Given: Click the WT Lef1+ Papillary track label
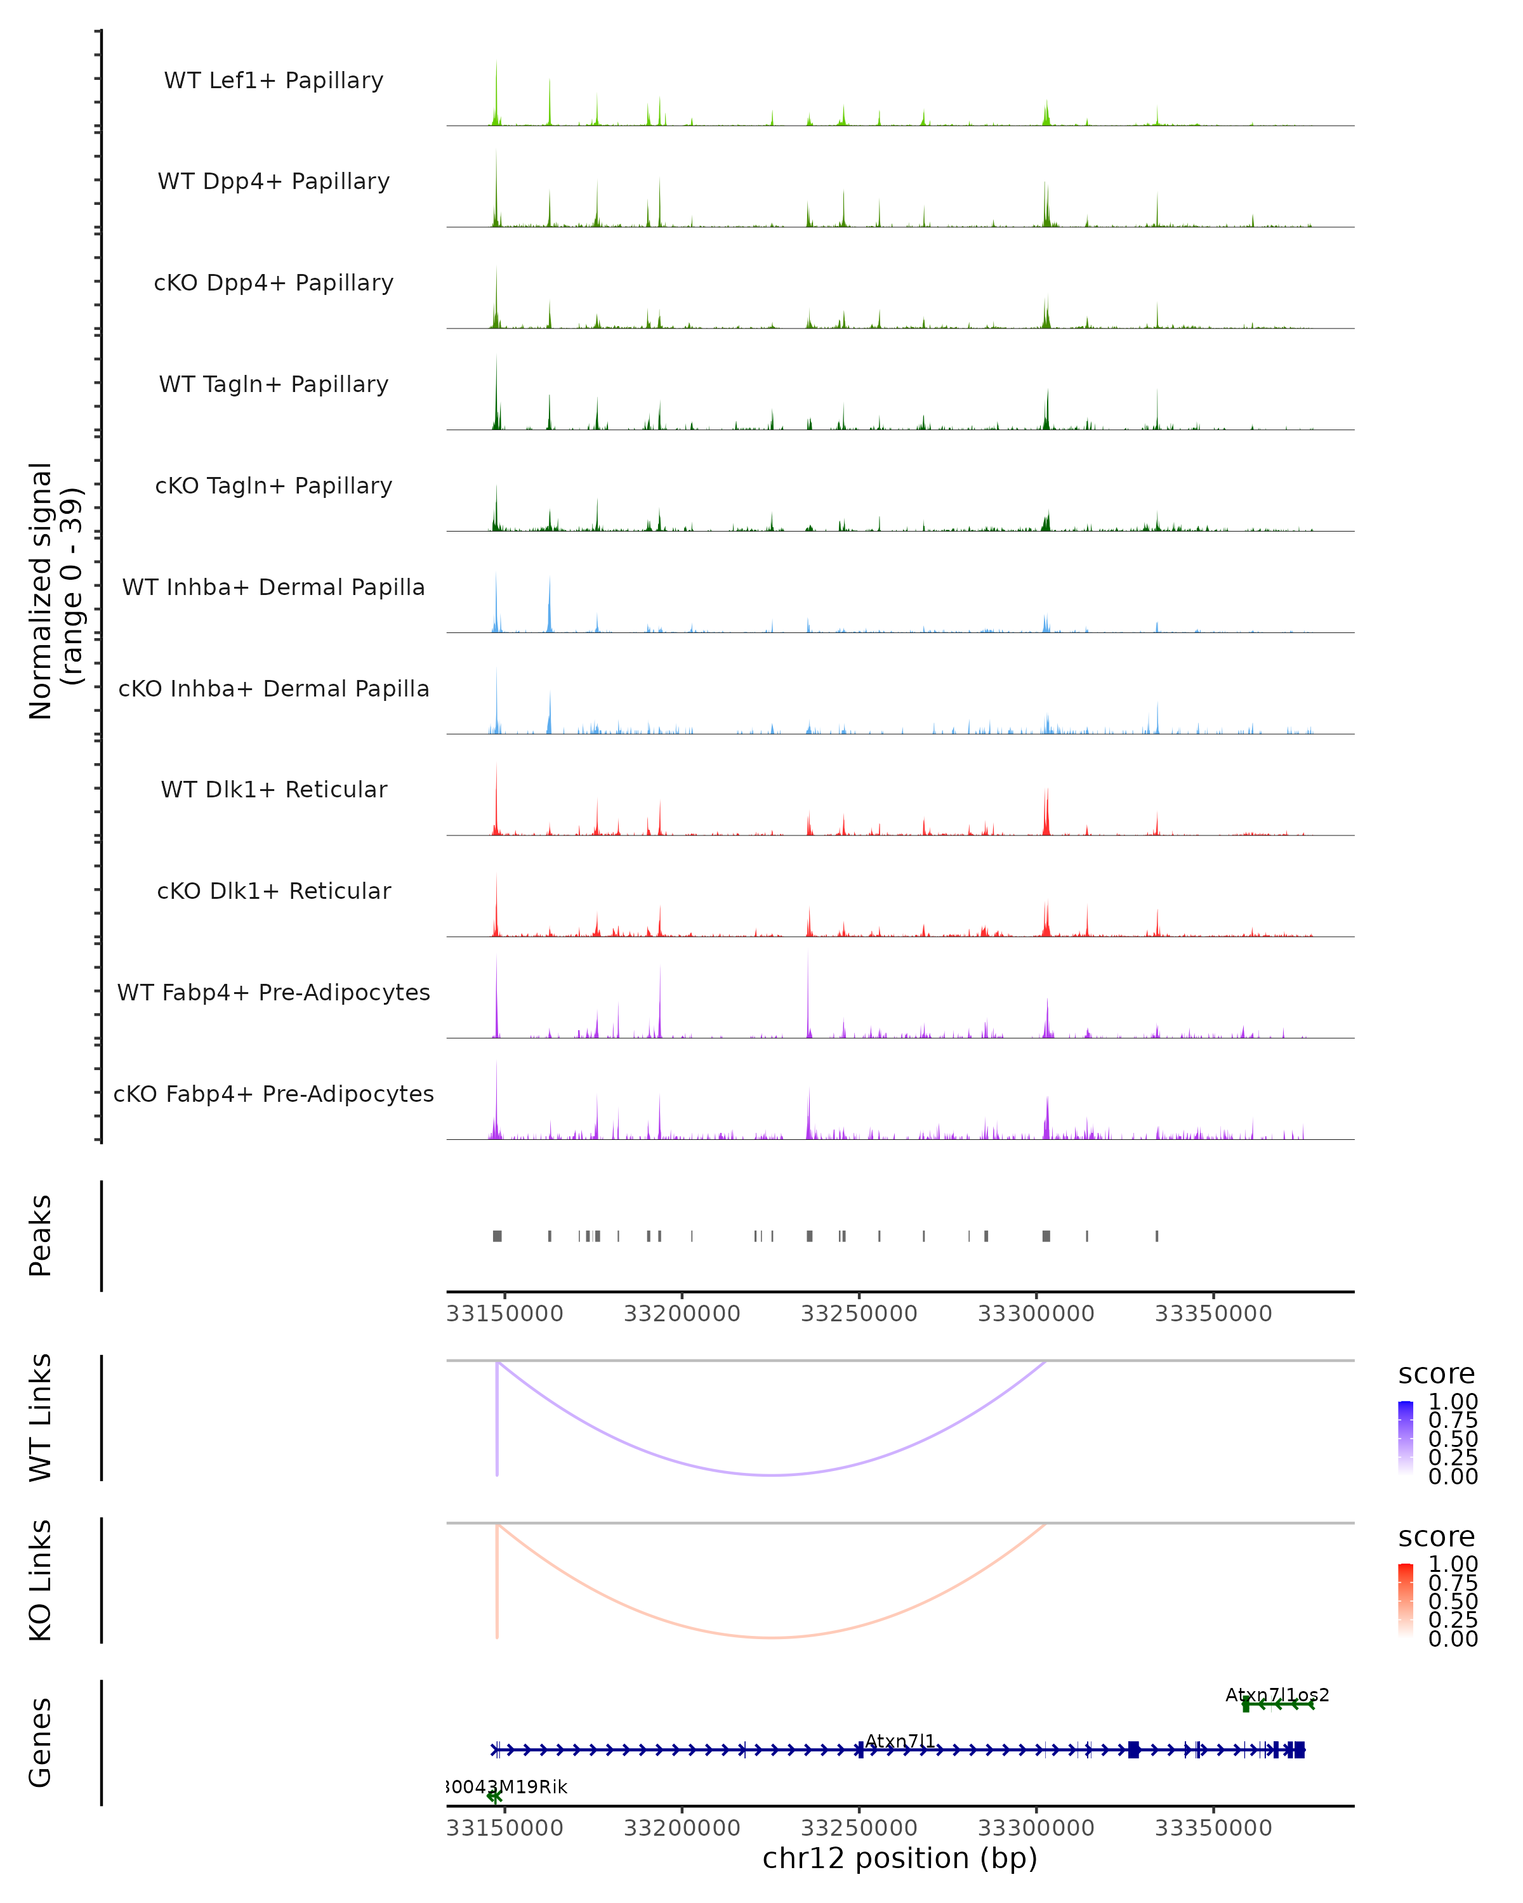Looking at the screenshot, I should tap(274, 81).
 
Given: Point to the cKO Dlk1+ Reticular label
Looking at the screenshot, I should tap(274, 891).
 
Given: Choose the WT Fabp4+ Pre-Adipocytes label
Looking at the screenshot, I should tap(274, 992).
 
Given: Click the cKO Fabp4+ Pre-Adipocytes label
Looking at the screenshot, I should tap(274, 1094).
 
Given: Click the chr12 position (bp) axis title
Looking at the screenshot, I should tap(900, 1858).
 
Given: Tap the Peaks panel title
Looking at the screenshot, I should tap(41, 1236).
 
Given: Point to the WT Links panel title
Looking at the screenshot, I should tap(41, 1418).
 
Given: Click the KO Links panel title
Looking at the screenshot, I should tap(41, 1580).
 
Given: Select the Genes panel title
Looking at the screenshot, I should tap(41, 1743).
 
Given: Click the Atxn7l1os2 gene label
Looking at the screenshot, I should tap(1277, 1695).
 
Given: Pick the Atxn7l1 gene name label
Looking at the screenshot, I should tap(900, 1741).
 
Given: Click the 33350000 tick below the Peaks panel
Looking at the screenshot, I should tap(1213, 1314).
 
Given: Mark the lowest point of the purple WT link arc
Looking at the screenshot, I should tap(772, 1475).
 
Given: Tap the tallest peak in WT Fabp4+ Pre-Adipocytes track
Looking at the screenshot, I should tap(807, 955).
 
